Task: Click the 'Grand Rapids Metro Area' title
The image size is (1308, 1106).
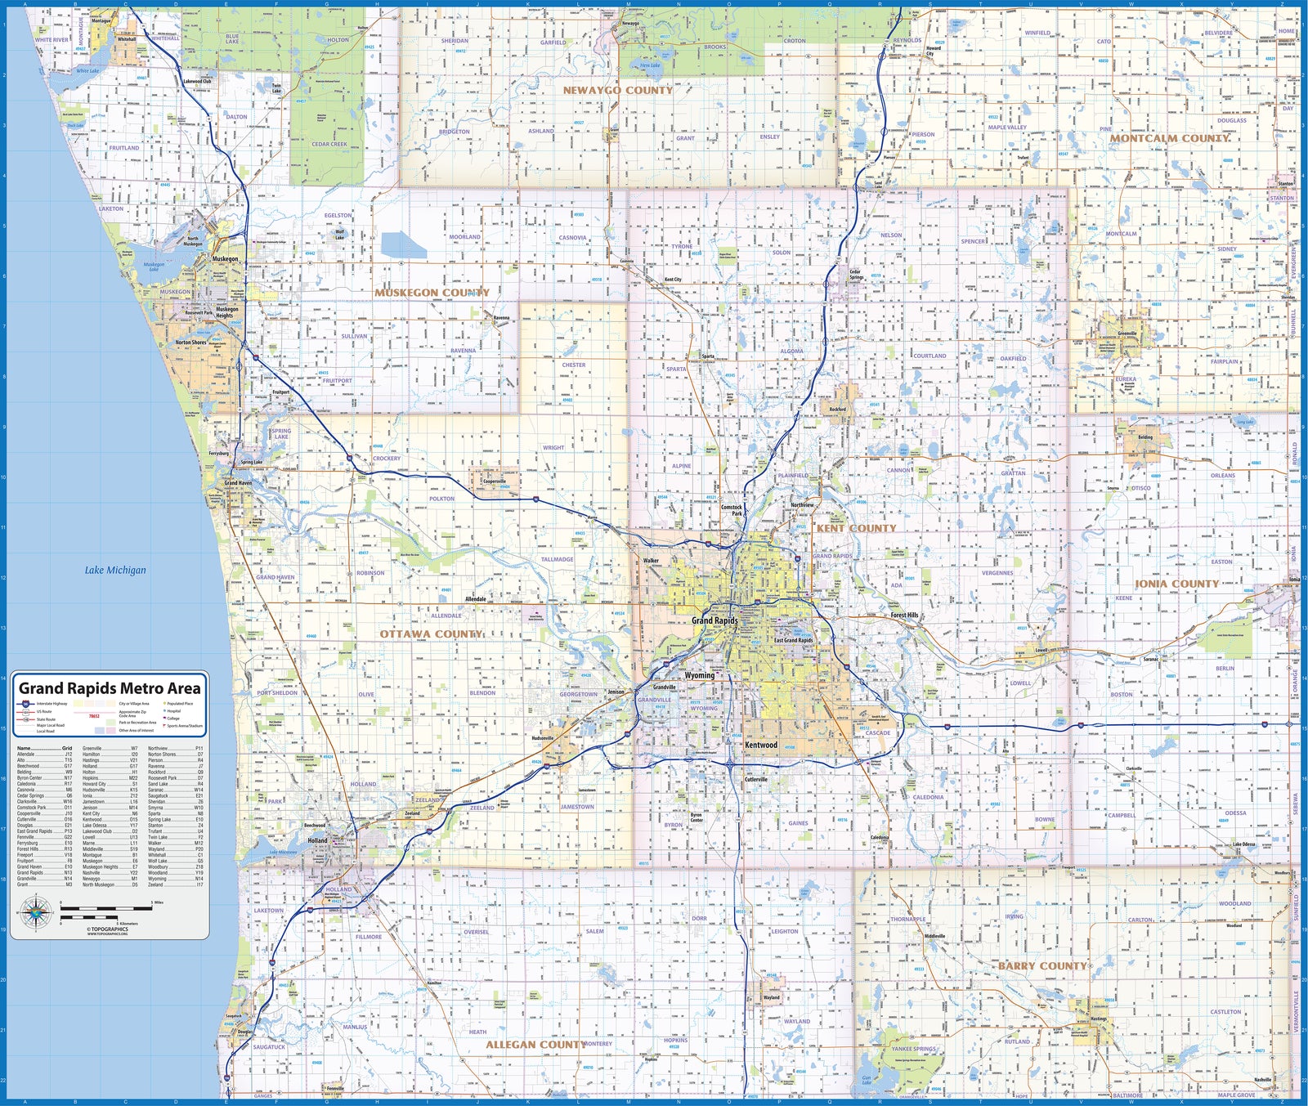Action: coord(110,688)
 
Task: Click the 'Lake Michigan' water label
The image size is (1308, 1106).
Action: coord(115,570)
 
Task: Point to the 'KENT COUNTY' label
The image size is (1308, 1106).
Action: coord(856,528)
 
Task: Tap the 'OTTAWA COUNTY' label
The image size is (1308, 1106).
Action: coord(431,634)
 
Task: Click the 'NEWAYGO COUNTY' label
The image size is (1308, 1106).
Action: coord(617,90)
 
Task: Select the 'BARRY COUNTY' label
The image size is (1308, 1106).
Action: coord(1041,965)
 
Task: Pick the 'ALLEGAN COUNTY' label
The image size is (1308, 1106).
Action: coord(535,1044)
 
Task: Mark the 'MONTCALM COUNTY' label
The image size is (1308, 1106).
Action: coord(1169,138)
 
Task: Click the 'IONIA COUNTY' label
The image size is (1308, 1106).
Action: coord(1176,584)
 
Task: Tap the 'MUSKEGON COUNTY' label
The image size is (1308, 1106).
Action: coord(432,292)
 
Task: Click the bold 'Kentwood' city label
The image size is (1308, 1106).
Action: coord(760,745)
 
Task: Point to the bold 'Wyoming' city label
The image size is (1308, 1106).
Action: coord(699,675)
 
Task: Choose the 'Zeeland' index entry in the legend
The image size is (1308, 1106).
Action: coord(155,884)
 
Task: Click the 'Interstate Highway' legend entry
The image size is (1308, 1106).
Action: coord(52,704)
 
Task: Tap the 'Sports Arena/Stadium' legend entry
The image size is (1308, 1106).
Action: coord(184,726)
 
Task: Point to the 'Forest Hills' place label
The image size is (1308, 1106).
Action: coord(904,615)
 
